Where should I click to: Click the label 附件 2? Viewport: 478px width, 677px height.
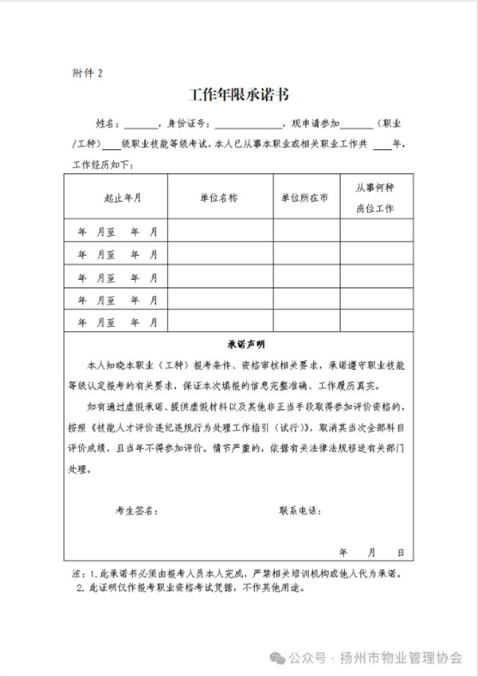click(88, 73)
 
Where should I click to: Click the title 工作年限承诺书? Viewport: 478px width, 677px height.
click(238, 96)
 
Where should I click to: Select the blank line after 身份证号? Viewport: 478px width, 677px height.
click(248, 125)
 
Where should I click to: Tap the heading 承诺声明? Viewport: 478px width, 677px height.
click(238, 345)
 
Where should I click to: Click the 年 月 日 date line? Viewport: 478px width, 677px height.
click(371, 552)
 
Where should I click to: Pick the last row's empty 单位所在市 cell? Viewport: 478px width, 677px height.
click(304, 323)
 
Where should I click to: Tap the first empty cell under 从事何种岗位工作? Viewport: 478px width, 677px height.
click(374, 231)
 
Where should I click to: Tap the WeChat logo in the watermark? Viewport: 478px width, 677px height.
click(275, 658)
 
